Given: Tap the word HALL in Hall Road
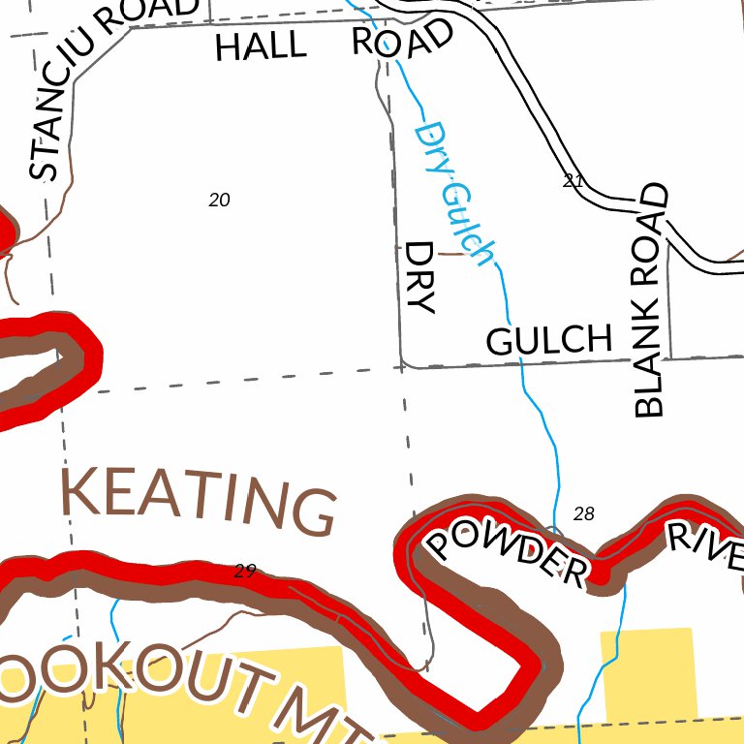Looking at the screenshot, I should click(260, 46).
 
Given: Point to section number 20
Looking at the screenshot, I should click(219, 200).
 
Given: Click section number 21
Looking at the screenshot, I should click(573, 181).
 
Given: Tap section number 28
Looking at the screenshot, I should click(583, 513).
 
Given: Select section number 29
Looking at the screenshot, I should click(244, 571).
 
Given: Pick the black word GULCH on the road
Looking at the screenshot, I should click(549, 340).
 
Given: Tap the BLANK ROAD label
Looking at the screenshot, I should click(650, 300).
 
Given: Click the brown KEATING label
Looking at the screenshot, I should click(199, 498).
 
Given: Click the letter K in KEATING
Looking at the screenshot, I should click(81, 490).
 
